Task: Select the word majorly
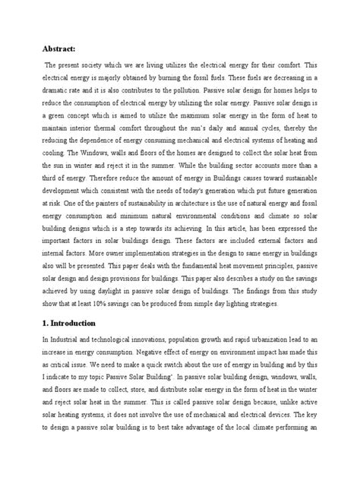point(106,77)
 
